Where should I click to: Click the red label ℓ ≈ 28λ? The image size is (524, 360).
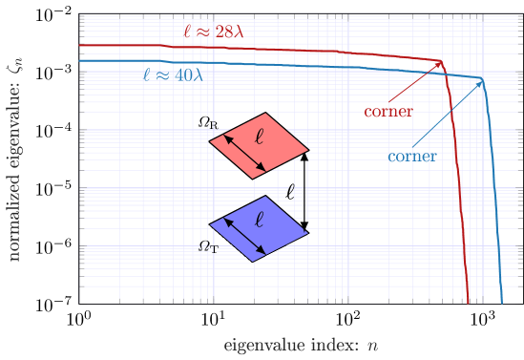[x=214, y=32]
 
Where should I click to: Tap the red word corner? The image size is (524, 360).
[x=388, y=112]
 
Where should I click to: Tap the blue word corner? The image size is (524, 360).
[x=412, y=157]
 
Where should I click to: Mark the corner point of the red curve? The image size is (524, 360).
[x=443, y=62]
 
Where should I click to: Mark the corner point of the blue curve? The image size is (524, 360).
[x=483, y=79]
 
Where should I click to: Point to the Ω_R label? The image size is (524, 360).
[x=208, y=123]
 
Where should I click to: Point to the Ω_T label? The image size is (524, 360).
[x=208, y=246]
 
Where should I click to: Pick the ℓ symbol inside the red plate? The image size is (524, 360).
[x=259, y=137]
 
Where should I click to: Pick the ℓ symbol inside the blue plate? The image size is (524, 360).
[x=259, y=220]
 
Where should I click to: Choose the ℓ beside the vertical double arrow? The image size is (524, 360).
[x=291, y=191]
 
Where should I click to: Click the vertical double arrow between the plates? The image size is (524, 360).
[x=305, y=191]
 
